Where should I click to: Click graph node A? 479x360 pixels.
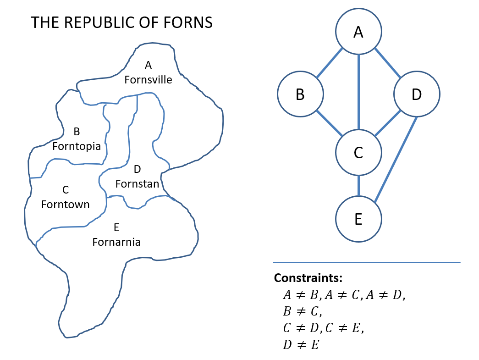pyautogui.click(x=358, y=32)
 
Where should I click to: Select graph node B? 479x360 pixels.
pyautogui.click(x=300, y=94)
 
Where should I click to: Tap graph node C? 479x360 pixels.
pyautogui.click(x=358, y=153)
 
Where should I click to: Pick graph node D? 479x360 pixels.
pyautogui.click(x=416, y=94)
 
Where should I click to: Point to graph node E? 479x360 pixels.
pyautogui.click(x=358, y=219)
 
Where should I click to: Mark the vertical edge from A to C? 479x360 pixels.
pyautogui.click(x=358, y=92)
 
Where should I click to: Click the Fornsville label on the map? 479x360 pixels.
pyautogui.click(x=148, y=80)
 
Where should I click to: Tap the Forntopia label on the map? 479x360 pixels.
pyautogui.click(x=77, y=146)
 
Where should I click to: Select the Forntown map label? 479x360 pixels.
pyautogui.click(x=66, y=205)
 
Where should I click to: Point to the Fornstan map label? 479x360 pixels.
pyautogui.click(x=137, y=184)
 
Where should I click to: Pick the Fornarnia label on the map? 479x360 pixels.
pyautogui.click(x=116, y=242)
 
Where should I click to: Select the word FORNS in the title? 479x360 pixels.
pyautogui.click(x=189, y=22)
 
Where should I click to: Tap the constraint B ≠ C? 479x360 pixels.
pyautogui.click(x=303, y=311)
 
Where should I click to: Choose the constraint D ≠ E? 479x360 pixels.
pyautogui.click(x=301, y=344)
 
